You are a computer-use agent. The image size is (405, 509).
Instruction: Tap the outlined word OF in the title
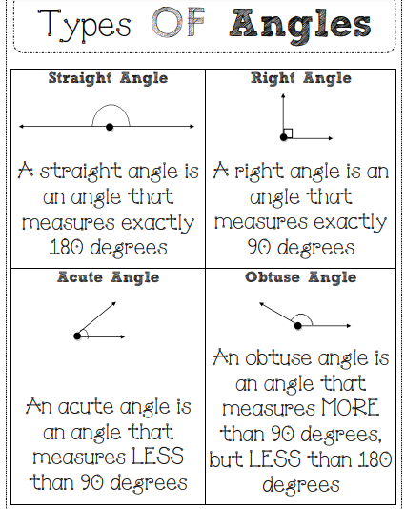[x=178, y=22]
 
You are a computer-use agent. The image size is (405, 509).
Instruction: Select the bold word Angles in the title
[x=300, y=27]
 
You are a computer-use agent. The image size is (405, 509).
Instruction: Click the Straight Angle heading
[x=108, y=78]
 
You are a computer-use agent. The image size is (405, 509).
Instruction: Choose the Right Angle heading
[x=301, y=78]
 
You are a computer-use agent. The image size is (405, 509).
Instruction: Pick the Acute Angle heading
[x=108, y=277]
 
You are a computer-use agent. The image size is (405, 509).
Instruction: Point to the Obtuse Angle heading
[x=301, y=277]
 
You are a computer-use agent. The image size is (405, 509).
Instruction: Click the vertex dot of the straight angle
[x=110, y=127]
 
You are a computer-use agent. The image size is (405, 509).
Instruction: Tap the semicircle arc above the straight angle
[x=111, y=105]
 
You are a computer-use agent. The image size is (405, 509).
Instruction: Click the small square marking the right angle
[x=288, y=133]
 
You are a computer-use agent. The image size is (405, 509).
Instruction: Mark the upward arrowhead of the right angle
[x=283, y=95]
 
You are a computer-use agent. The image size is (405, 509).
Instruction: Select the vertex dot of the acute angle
[x=77, y=336]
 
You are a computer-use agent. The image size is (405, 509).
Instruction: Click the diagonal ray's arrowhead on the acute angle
[x=114, y=304]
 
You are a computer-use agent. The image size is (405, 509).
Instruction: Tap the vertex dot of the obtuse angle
[x=298, y=325]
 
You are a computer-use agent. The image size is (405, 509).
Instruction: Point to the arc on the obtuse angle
[x=302, y=315]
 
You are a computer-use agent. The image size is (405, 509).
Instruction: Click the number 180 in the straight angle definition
[x=67, y=247]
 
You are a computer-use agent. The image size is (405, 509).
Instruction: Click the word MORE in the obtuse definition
[x=350, y=407]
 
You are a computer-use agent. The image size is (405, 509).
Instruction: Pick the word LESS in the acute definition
[x=158, y=456]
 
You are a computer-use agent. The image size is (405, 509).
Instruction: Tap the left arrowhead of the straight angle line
[x=21, y=127]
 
